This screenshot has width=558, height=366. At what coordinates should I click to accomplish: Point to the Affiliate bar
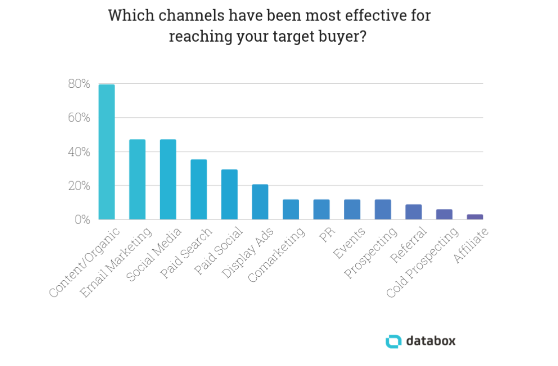pyautogui.click(x=474, y=217)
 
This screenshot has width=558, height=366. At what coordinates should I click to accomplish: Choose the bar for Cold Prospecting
pyautogui.click(x=444, y=215)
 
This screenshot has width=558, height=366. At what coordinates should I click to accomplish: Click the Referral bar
pyautogui.click(x=413, y=212)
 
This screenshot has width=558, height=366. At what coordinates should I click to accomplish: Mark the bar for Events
pyautogui.click(x=352, y=210)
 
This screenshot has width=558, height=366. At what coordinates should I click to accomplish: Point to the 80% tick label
pyautogui.click(x=79, y=84)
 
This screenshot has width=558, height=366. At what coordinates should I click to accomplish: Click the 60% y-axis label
pyautogui.click(x=79, y=118)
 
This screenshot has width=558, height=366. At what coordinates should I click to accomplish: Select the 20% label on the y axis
pyautogui.click(x=79, y=186)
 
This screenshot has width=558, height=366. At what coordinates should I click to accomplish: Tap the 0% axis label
pyautogui.click(x=82, y=220)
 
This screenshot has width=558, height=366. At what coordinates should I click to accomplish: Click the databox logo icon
pyautogui.click(x=393, y=341)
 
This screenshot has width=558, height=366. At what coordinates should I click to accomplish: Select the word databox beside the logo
pyautogui.click(x=430, y=341)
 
